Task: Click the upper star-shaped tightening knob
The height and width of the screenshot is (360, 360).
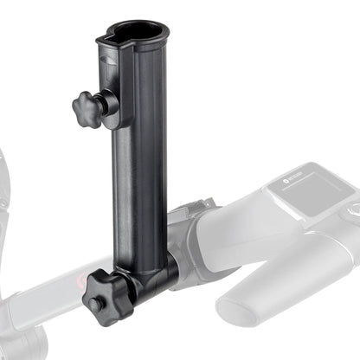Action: [x=88, y=108]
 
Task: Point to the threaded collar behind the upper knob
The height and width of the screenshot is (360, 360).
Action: [x=111, y=103]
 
